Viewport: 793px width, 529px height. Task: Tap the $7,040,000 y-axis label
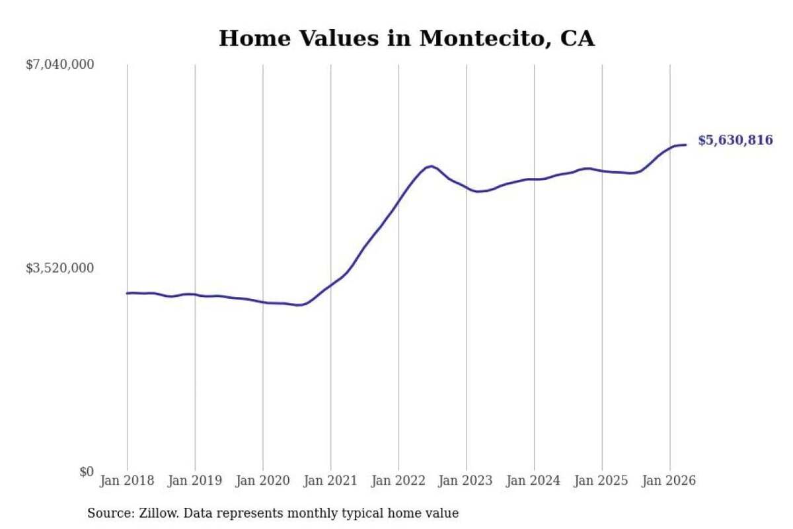click(x=60, y=65)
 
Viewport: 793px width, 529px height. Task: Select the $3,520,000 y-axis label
click(x=60, y=268)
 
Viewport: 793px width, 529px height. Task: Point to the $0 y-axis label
click(x=87, y=471)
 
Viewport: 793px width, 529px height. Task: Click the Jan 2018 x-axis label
click(x=127, y=481)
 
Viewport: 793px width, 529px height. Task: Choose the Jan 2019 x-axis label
click(x=195, y=481)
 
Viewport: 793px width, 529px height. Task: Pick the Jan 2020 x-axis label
click(x=263, y=481)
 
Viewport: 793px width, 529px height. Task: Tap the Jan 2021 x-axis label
click(x=330, y=481)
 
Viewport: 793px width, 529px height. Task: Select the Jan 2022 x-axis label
click(x=398, y=481)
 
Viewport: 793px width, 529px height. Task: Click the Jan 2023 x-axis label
click(x=466, y=481)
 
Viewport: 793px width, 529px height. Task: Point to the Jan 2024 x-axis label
click(x=534, y=481)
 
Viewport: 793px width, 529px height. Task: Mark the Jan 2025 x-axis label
click(x=601, y=481)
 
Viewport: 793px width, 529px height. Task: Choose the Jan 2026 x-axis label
click(x=669, y=481)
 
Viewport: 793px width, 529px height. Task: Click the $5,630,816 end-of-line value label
click(x=736, y=140)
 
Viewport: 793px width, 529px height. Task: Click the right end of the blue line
click(x=686, y=145)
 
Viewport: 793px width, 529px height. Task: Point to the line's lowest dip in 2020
click(x=299, y=305)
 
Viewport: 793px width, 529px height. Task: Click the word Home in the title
click(x=254, y=38)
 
